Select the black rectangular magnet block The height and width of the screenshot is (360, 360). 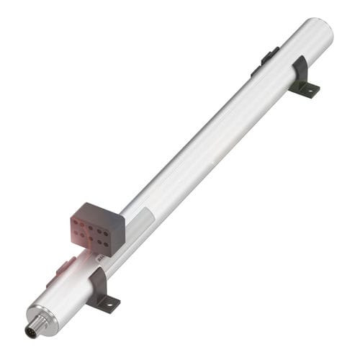(x=97, y=226)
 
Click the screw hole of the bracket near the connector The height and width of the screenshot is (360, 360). (x=108, y=304)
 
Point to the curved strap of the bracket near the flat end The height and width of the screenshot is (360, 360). (x=299, y=68)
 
